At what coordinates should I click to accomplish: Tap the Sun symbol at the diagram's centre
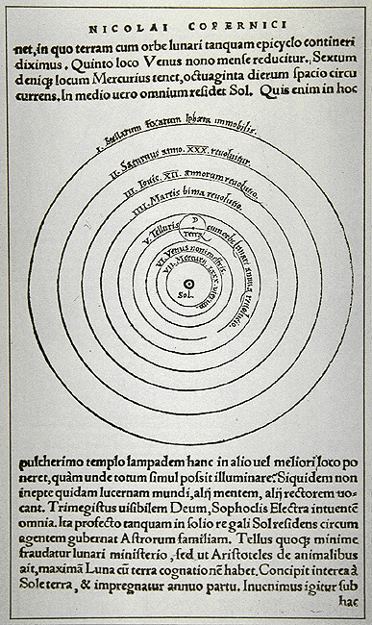pos(186,283)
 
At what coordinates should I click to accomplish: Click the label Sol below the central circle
pos(186,296)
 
